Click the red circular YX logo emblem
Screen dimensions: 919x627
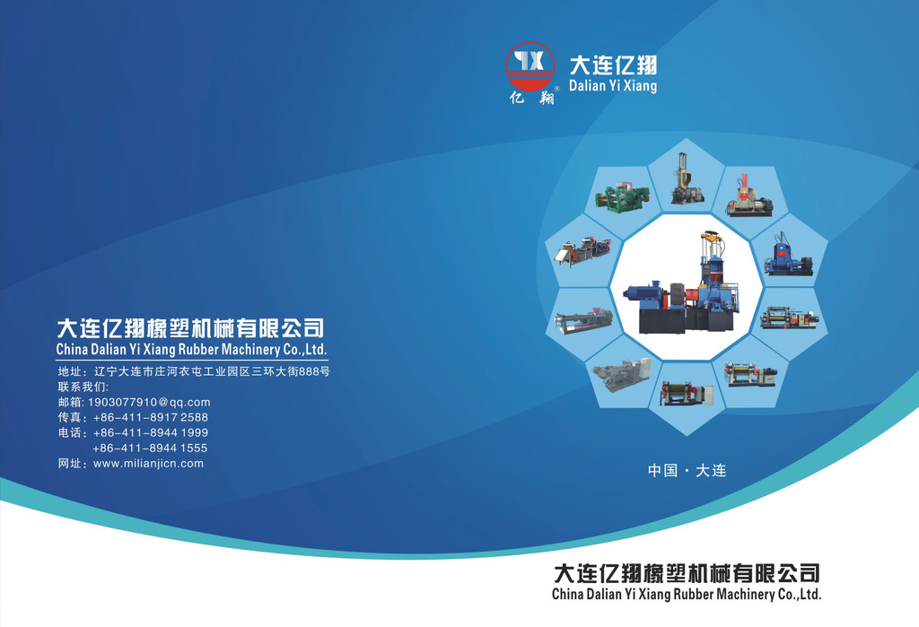[x=530, y=66]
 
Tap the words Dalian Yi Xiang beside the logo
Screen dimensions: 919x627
[x=612, y=85]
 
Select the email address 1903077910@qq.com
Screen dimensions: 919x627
[x=149, y=402]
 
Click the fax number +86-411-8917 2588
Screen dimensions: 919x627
[x=151, y=417]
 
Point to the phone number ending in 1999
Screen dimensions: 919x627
[x=151, y=432]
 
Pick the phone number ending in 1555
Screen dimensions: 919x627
[x=150, y=448]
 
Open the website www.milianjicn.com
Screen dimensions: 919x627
[x=148, y=463]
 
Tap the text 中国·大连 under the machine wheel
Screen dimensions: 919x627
[x=687, y=471]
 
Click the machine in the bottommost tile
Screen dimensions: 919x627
[x=687, y=393]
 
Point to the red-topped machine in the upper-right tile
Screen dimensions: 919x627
[x=749, y=196]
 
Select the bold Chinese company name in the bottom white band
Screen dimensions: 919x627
[x=687, y=573]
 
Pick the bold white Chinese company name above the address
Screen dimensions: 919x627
[x=190, y=328]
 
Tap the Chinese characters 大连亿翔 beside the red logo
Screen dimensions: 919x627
[x=613, y=65]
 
